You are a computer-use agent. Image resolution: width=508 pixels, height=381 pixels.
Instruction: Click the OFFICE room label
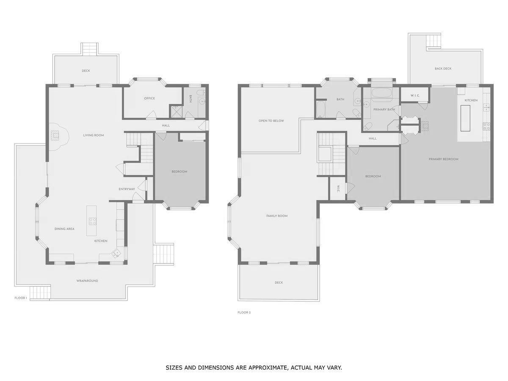click(149, 98)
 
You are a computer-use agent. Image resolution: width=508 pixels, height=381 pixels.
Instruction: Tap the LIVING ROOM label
click(93, 135)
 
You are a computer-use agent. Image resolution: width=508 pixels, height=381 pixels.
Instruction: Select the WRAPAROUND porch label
click(87, 281)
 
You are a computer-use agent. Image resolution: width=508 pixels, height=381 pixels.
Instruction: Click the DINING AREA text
click(64, 229)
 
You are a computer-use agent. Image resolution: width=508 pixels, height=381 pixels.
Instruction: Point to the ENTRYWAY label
click(127, 189)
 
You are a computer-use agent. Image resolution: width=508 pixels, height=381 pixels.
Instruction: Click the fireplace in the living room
click(55, 135)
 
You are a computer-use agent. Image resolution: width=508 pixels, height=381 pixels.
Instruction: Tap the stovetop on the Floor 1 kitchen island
click(92, 221)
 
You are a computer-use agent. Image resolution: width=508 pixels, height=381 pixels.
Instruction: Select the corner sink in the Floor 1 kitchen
click(116, 254)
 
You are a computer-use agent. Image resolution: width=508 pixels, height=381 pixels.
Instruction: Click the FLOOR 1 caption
click(21, 298)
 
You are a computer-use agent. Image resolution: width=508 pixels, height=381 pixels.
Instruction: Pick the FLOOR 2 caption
click(244, 312)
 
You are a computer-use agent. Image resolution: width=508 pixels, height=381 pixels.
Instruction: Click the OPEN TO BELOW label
click(271, 121)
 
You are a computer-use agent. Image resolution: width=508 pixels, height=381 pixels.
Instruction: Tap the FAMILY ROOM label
click(277, 216)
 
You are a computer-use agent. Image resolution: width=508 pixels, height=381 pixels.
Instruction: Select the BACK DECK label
click(443, 69)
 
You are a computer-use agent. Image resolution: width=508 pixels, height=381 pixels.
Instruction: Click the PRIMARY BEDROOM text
click(443, 159)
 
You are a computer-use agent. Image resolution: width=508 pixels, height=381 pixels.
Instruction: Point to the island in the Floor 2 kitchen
click(465, 118)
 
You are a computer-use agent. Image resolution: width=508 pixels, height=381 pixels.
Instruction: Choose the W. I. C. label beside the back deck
click(415, 95)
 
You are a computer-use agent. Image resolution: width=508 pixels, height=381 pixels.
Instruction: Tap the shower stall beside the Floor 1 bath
click(176, 111)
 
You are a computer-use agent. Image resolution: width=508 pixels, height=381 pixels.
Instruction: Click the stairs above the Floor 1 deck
click(89, 49)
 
